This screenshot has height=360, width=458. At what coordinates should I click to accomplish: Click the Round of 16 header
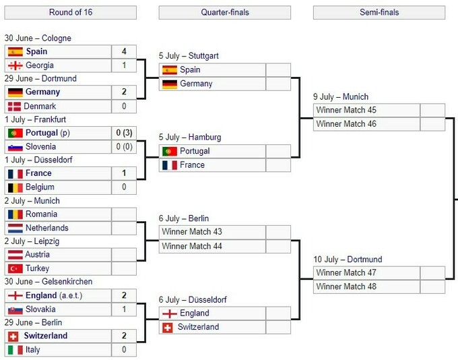point(71,12)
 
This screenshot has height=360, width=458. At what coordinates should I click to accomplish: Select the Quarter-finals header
point(224,12)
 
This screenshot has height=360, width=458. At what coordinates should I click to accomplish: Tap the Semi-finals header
point(379,12)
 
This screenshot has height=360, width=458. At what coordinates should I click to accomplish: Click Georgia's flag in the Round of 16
point(15,65)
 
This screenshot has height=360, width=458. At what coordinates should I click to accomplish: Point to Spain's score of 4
point(124,51)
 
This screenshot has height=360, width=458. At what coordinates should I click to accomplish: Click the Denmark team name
point(40,106)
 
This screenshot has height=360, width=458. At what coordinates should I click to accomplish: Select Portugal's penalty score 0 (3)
point(124,133)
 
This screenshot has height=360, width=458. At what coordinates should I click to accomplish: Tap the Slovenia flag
point(15,147)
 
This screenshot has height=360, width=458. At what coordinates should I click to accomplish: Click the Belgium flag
point(15,187)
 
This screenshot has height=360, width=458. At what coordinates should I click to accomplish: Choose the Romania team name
point(41,214)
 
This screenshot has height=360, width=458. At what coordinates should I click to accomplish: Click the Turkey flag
point(15,268)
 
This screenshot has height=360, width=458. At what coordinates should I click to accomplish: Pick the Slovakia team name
point(40,309)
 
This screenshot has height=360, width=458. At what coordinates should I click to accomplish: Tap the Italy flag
point(15,350)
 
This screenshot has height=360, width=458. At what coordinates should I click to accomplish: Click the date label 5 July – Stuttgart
point(189,56)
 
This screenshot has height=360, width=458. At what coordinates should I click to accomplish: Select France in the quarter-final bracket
point(192,165)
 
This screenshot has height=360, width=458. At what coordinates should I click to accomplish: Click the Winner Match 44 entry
point(192,246)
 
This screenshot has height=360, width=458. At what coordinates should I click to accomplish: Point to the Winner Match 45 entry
point(346,110)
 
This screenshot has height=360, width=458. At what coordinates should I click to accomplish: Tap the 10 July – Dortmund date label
point(348,260)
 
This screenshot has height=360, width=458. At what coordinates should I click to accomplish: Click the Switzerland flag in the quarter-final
point(167,328)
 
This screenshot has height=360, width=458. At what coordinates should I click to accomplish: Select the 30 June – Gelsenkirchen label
point(48,282)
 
